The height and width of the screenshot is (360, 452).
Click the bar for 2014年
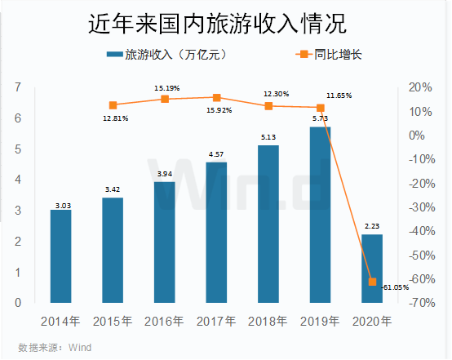click(x=60, y=256)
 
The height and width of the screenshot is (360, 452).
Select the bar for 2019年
click(x=319, y=215)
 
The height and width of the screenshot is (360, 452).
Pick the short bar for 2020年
click(x=371, y=269)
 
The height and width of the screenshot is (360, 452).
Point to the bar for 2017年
click(x=215, y=233)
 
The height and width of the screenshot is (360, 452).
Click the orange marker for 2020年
click(x=371, y=282)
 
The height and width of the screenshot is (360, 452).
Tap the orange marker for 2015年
click(x=113, y=105)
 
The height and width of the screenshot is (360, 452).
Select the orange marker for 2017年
click(x=216, y=97)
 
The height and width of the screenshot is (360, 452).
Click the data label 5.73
click(x=319, y=118)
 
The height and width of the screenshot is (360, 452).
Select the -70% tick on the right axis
click(x=421, y=303)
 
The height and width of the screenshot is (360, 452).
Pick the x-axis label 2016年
click(x=164, y=322)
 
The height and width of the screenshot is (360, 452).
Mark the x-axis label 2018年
click(x=268, y=322)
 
